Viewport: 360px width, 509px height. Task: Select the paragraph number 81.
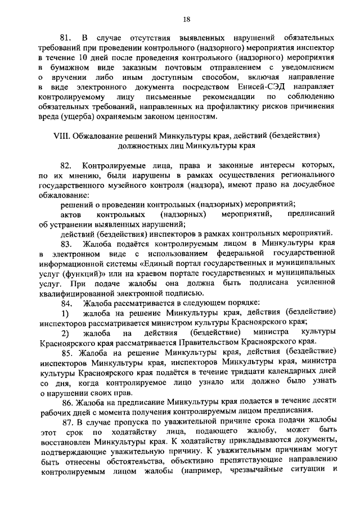pyautogui.click(x=67, y=38)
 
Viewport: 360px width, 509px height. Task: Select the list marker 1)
pyautogui.click(x=65, y=312)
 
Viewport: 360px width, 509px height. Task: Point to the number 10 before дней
pyautogui.click(x=83, y=57)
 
